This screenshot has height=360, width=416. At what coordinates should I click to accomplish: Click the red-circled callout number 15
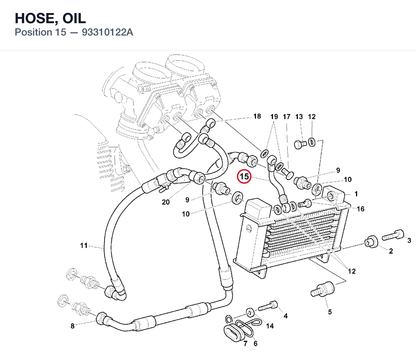click(244, 177)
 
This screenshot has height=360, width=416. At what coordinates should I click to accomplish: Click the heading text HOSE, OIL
click(50, 18)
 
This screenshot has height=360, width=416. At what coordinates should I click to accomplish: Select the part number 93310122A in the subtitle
click(107, 32)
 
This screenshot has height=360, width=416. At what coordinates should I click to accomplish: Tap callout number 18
click(257, 116)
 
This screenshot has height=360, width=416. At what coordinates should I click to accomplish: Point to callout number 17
click(286, 117)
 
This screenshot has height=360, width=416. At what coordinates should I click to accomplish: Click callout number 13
click(299, 117)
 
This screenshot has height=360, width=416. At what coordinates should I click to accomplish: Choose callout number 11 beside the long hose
click(84, 245)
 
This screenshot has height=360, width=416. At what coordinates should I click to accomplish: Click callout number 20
click(166, 202)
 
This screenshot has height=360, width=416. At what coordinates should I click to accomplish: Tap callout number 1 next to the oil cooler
click(356, 194)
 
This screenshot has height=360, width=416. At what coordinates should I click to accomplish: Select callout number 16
click(360, 209)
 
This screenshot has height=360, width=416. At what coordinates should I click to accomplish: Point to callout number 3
click(409, 240)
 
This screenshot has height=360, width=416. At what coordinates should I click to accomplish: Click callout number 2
click(391, 251)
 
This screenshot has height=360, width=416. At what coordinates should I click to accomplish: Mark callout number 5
click(330, 312)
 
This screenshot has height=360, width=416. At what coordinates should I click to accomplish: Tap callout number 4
click(285, 316)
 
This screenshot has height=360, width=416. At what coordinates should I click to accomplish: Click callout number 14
click(270, 326)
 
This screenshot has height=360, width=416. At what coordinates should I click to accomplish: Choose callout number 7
click(245, 343)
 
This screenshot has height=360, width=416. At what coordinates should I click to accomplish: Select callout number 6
click(255, 343)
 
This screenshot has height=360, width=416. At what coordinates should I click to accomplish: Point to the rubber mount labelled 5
click(322, 289)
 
